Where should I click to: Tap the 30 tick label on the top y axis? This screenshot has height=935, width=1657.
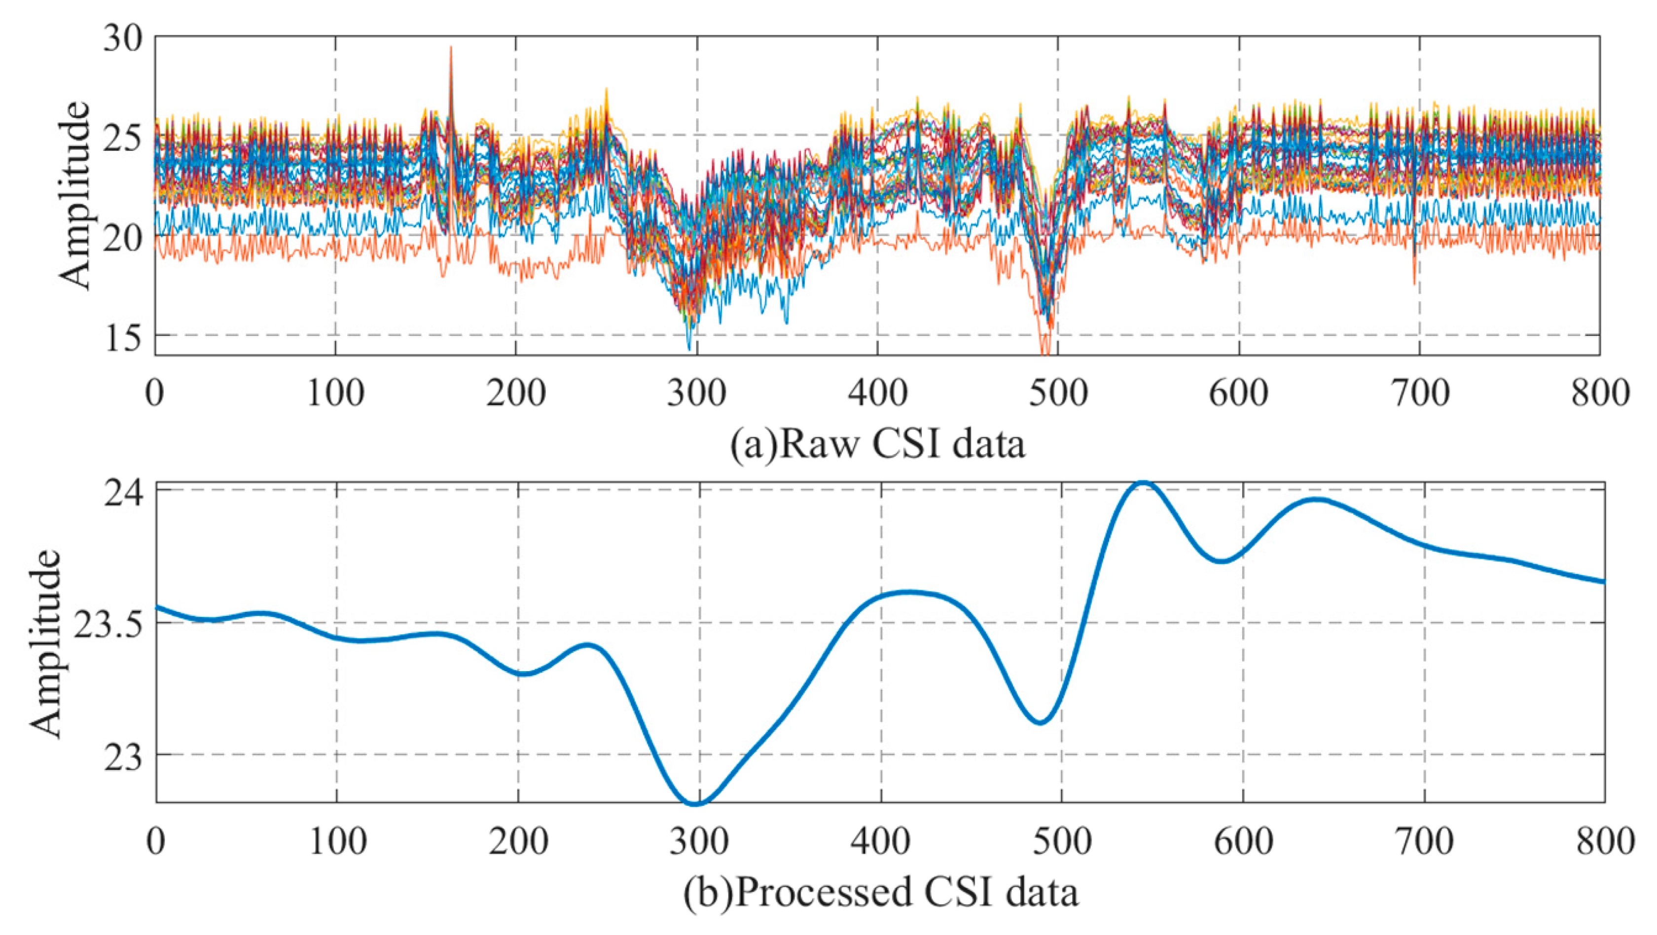tap(122, 40)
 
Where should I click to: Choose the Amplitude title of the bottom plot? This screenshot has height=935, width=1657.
tap(45, 643)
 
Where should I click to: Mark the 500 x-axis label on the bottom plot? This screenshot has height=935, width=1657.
tap(1061, 841)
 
